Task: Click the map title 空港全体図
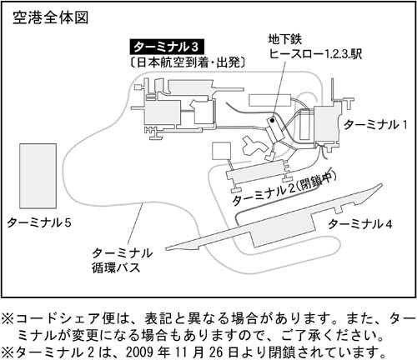click(x=51, y=17)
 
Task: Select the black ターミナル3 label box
click(x=167, y=47)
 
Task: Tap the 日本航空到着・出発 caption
click(x=188, y=62)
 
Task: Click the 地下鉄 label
click(x=284, y=39)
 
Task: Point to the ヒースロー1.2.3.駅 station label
click(x=315, y=53)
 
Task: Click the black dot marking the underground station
click(x=272, y=121)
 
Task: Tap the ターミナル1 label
click(x=375, y=125)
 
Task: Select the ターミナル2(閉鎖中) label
click(x=284, y=188)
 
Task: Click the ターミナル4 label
click(x=360, y=224)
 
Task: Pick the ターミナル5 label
click(x=39, y=222)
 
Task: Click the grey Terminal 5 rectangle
click(x=38, y=176)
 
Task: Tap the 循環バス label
click(x=116, y=268)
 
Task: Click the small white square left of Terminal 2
click(x=222, y=151)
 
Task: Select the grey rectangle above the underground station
click(x=270, y=100)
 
